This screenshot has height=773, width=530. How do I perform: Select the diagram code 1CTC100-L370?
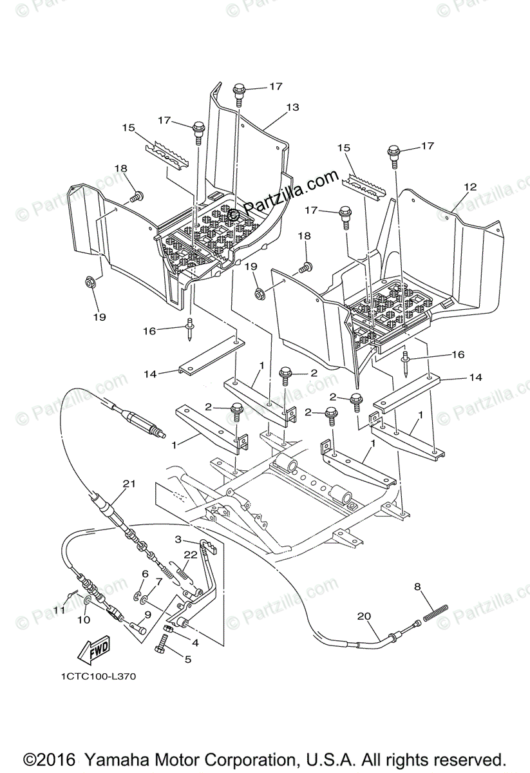(99, 677)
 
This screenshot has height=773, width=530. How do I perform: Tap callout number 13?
(293, 108)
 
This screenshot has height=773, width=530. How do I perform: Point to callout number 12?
(470, 187)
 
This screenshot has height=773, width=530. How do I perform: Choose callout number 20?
(364, 616)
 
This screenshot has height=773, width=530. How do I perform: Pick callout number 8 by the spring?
(417, 587)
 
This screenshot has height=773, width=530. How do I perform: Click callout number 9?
(147, 615)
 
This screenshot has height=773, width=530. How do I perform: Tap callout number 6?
(145, 573)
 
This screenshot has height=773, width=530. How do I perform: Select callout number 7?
(158, 582)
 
